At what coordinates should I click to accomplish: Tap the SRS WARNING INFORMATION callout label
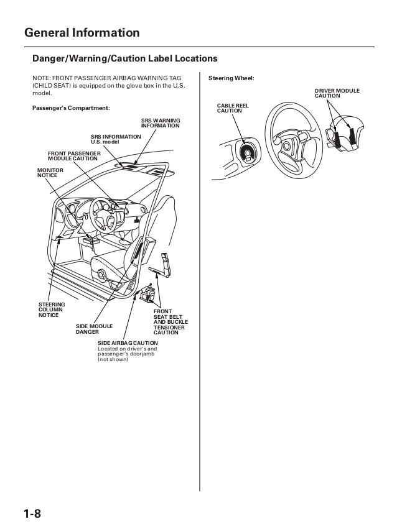pyautogui.click(x=161, y=122)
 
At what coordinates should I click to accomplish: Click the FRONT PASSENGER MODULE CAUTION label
pyautogui.click(x=73, y=155)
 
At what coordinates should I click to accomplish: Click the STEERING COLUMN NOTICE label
pyautogui.click(x=52, y=309)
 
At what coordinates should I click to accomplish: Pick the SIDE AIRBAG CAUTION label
pyautogui.click(x=128, y=343)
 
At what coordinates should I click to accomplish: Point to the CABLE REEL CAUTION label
pyautogui.click(x=233, y=109)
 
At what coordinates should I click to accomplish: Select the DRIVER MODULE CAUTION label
pyautogui.click(x=336, y=94)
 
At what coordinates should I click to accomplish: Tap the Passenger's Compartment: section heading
pyautogui.click(x=70, y=108)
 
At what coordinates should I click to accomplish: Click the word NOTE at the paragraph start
pyautogui.click(x=41, y=78)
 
